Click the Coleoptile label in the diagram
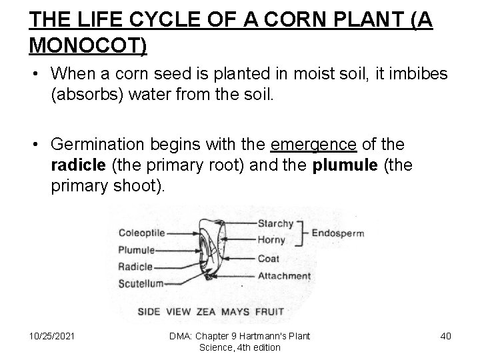(142, 233)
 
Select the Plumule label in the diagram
(137, 250)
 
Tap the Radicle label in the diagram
(136, 266)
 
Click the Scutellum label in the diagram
(141, 283)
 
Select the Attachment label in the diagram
(284, 276)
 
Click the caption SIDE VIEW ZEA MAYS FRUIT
(211, 311)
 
